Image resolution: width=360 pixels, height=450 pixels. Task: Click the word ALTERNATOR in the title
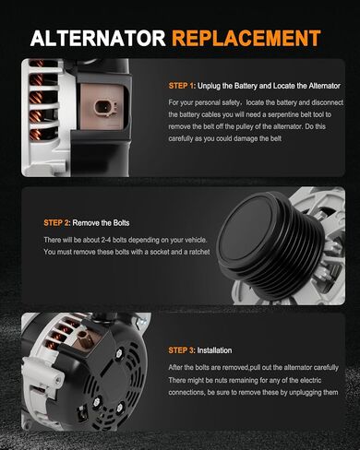98,38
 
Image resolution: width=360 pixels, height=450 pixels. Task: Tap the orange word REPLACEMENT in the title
246,38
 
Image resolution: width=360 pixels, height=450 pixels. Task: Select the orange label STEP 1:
182,86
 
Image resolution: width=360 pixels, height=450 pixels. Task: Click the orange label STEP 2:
57,223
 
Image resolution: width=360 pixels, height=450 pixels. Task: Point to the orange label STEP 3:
182,350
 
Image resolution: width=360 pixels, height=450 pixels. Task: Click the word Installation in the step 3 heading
214,350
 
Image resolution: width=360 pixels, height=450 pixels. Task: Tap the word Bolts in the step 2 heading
121,223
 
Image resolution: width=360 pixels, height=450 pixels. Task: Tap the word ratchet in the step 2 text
199,252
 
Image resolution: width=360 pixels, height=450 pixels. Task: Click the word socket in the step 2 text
160,252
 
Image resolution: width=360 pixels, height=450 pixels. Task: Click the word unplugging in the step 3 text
305,393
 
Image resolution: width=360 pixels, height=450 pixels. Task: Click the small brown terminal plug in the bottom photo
84,338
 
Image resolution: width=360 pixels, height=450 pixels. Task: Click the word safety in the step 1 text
231,102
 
